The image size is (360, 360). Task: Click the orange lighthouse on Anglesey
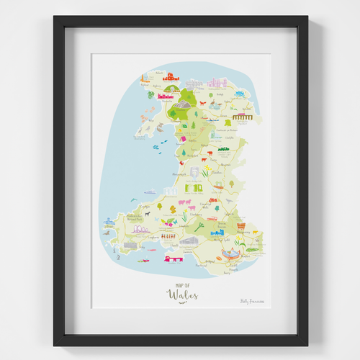pyautogui.click(x=145, y=78)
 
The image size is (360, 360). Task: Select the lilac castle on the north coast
pyautogui.click(x=217, y=83)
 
